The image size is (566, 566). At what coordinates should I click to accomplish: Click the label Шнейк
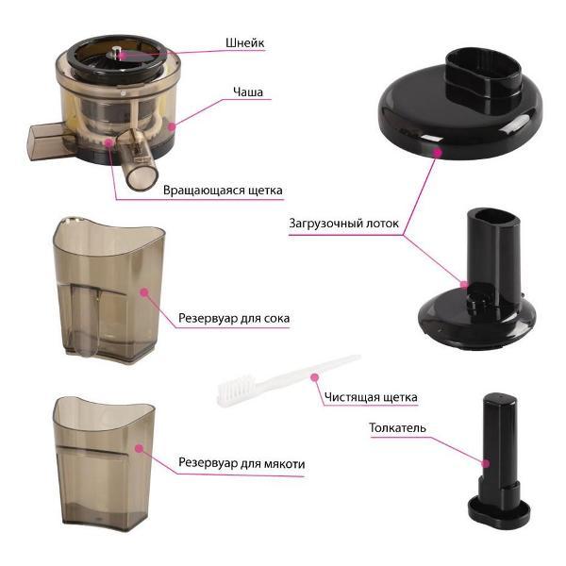click(x=244, y=43)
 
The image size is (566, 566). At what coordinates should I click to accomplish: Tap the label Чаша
click(x=248, y=92)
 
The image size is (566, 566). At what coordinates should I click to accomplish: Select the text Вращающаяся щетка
click(x=223, y=191)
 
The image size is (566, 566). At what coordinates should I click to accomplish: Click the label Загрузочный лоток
click(x=343, y=223)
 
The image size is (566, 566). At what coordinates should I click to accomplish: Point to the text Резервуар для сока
click(x=234, y=319)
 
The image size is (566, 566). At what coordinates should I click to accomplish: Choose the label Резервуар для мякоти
click(x=241, y=463)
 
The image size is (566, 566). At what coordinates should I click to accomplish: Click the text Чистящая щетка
click(x=371, y=397)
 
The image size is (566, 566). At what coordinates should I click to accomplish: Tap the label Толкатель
click(x=397, y=427)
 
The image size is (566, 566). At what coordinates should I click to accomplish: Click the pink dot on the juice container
click(x=144, y=292)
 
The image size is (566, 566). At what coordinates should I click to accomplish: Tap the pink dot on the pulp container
click(x=140, y=448)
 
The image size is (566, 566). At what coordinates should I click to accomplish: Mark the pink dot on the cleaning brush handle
click(x=315, y=377)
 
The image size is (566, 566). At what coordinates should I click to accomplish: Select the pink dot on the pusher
click(x=486, y=463)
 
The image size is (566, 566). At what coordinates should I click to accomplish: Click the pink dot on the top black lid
click(x=438, y=152)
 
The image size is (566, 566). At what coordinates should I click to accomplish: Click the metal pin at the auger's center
click(x=116, y=51)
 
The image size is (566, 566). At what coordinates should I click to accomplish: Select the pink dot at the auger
click(x=123, y=56)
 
